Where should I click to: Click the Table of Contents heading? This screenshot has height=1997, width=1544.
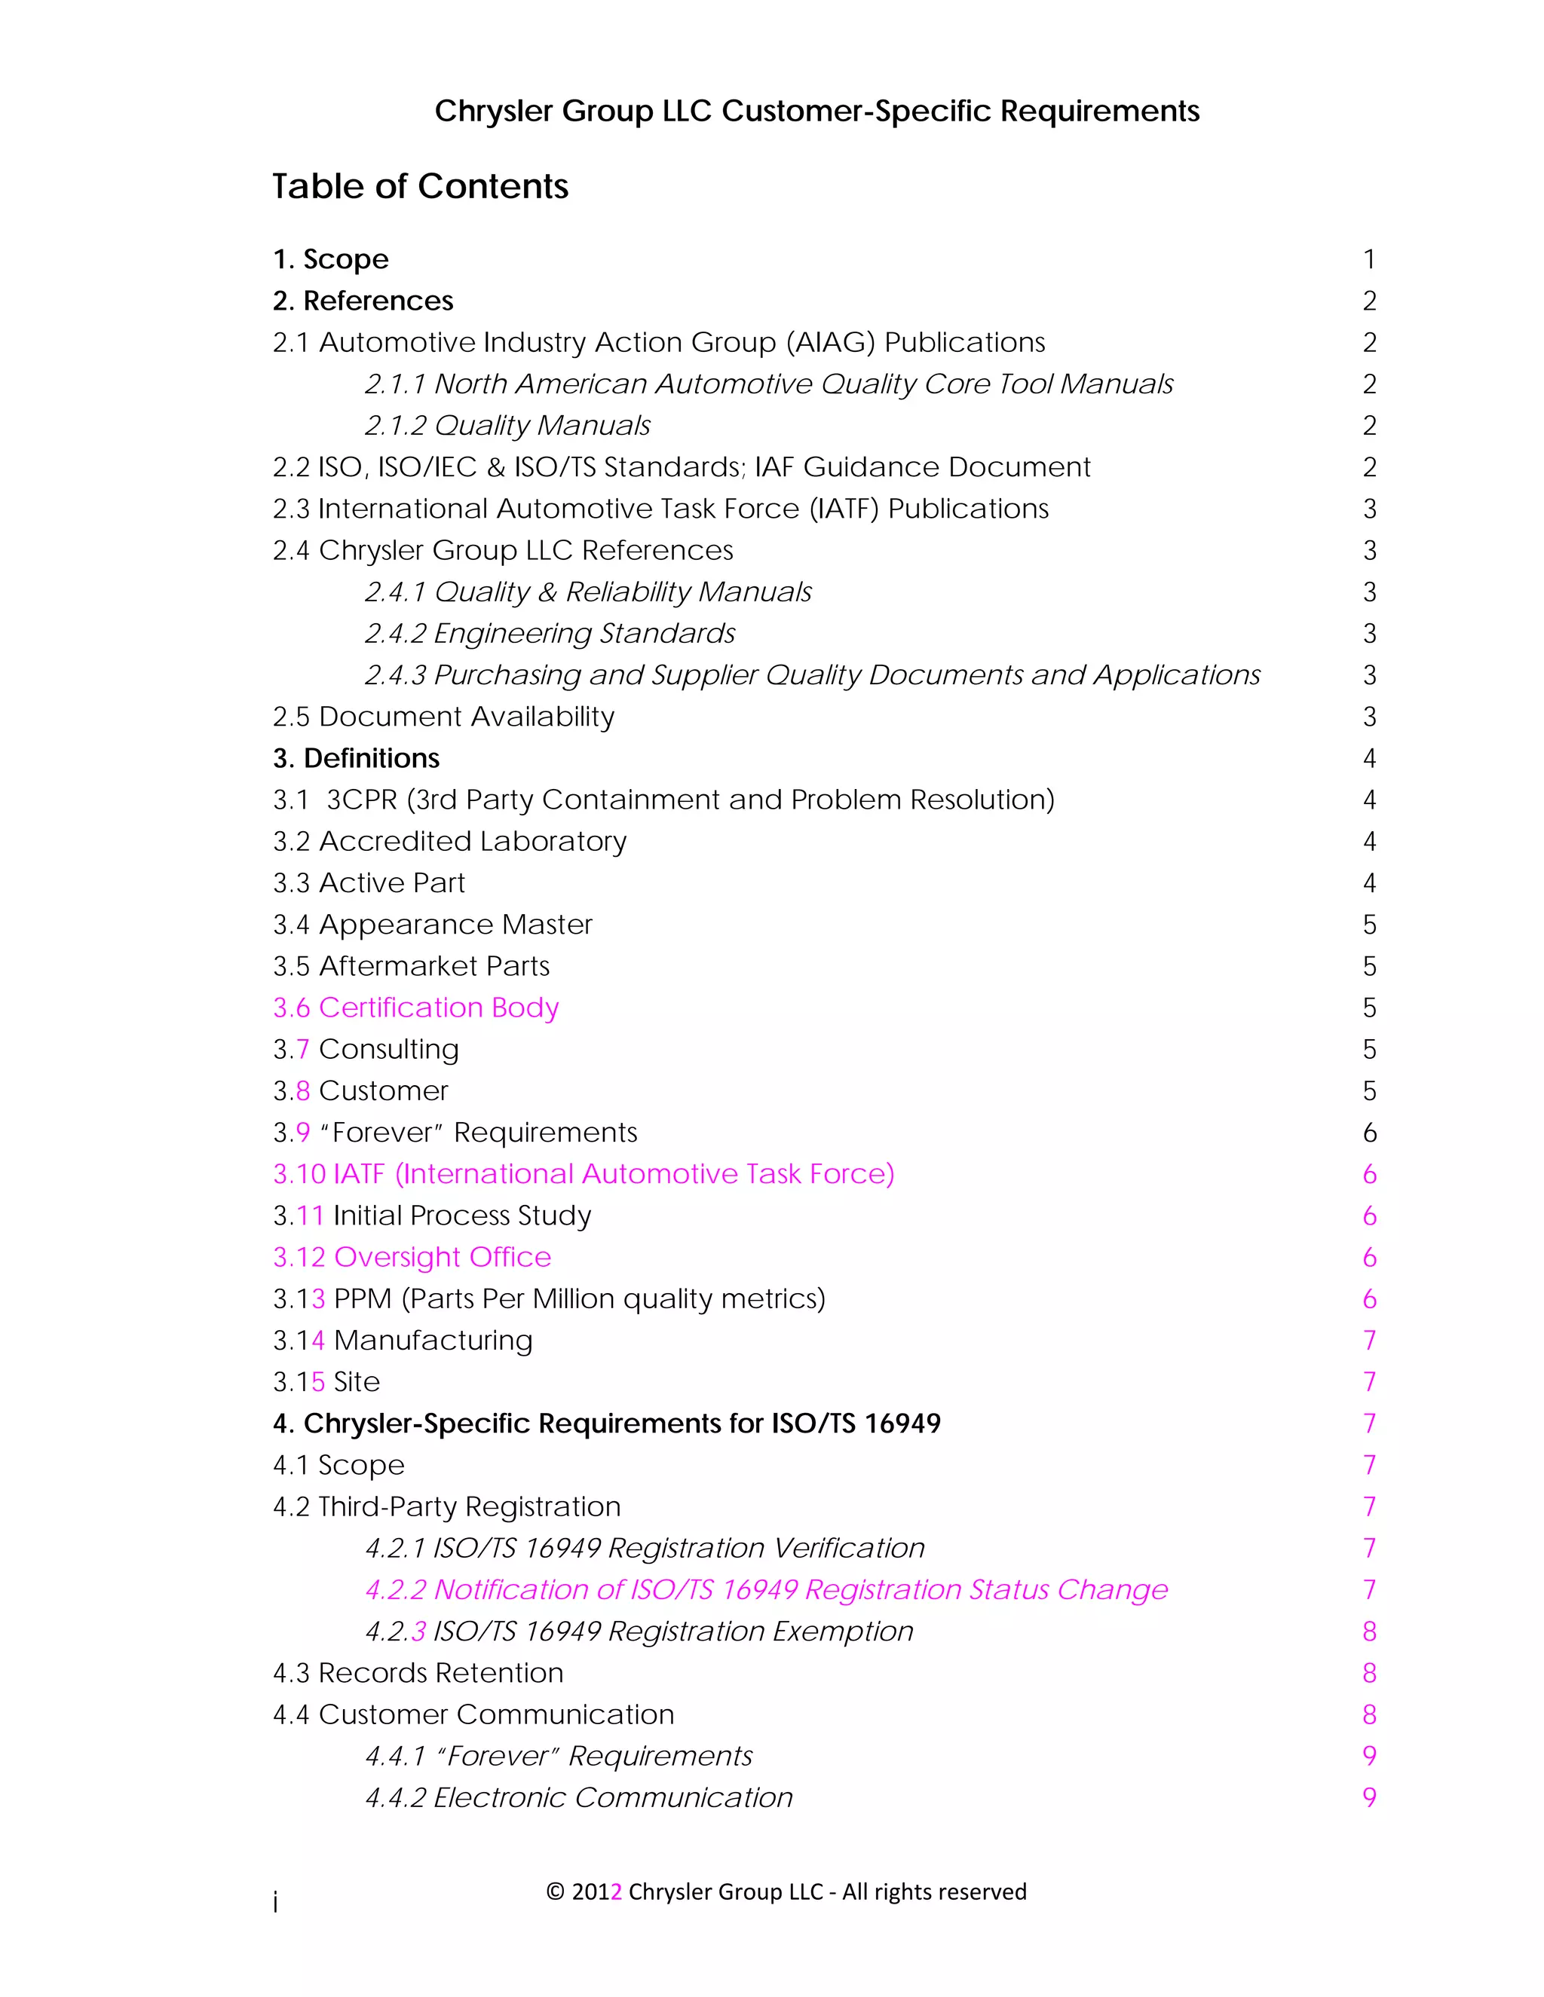[x=420, y=187]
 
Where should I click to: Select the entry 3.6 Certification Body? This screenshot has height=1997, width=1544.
[x=415, y=1008]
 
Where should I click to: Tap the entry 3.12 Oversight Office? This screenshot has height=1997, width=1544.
[x=412, y=1257]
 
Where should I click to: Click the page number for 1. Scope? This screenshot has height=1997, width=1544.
[x=1368, y=260]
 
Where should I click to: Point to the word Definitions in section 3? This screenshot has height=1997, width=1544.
[x=372, y=759]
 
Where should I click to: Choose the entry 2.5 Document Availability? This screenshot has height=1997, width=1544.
[x=443, y=717]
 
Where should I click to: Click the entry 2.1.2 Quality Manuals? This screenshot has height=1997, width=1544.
[x=507, y=426]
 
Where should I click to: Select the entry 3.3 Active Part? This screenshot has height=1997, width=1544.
[x=369, y=883]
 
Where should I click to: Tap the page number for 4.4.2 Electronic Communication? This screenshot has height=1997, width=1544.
[x=1368, y=1797]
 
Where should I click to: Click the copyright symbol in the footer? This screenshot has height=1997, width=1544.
[x=555, y=1891]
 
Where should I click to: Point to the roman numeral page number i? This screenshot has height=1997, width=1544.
[x=275, y=1903]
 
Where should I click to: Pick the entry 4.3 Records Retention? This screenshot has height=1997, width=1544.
[x=418, y=1673]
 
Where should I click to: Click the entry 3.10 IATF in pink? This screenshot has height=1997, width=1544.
[x=584, y=1174]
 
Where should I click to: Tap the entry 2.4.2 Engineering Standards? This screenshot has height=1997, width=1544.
[x=550, y=634]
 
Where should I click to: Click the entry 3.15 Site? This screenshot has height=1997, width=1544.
[x=326, y=1381]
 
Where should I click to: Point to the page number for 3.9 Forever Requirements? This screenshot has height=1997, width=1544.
[x=1368, y=1133]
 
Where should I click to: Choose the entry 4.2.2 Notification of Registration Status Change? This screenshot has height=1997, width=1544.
[x=767, y=1590]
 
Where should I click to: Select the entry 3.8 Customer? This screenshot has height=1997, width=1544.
[x=360, y=1091]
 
